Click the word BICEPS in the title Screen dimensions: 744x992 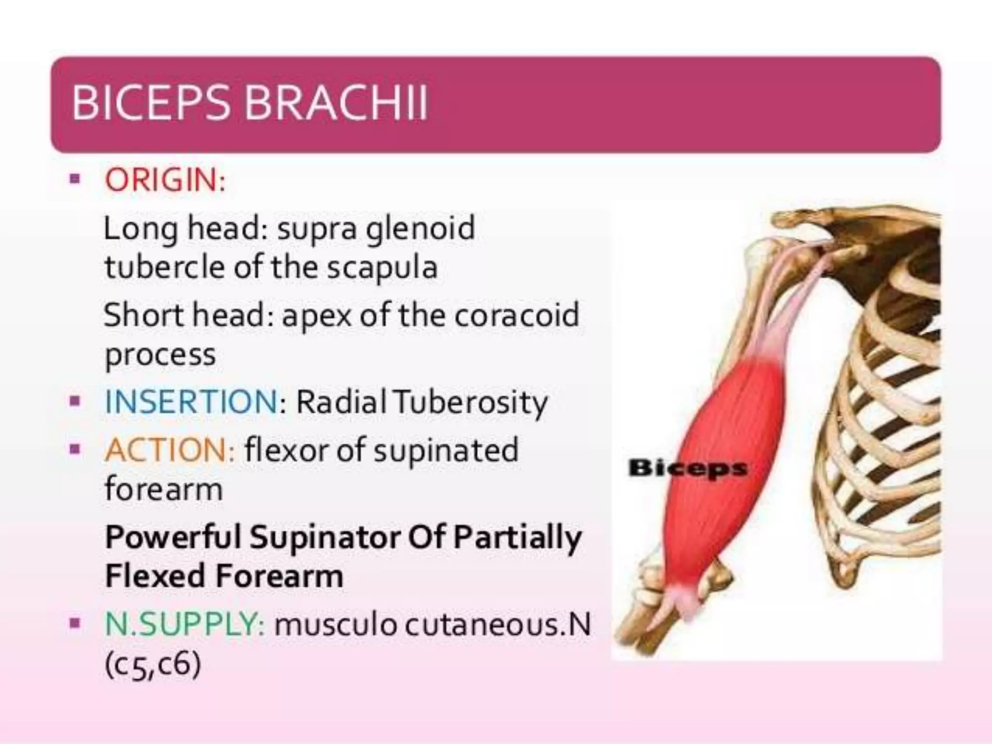click(x=150, y=103)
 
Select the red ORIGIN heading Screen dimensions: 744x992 click(x=165, y=180)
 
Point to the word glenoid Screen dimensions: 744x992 click(x=420, y=229)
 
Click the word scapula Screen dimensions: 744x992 click(x=382, y=268)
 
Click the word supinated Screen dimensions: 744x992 click(x=446, y=450)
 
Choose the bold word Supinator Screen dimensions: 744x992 click(x=325, y=537)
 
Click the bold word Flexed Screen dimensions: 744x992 click(x=155, y=576)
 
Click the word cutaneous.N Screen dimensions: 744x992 click(x=497, y=624)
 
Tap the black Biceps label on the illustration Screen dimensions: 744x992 click(x=687, y=468)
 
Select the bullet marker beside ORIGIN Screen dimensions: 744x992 click(x=74, y=180)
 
